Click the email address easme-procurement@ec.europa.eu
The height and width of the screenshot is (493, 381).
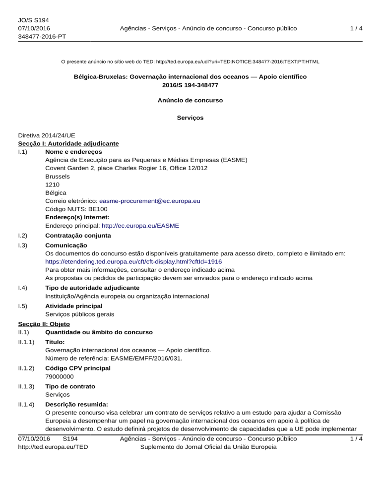[150, 201]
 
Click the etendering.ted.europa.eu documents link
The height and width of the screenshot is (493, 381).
[133, 261]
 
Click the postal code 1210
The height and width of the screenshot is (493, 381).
[52, 184]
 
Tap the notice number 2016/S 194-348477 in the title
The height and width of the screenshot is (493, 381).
[190, 85]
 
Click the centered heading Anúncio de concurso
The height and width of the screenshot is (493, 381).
[190, 100]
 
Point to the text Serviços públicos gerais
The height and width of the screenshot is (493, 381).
[79, 314]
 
